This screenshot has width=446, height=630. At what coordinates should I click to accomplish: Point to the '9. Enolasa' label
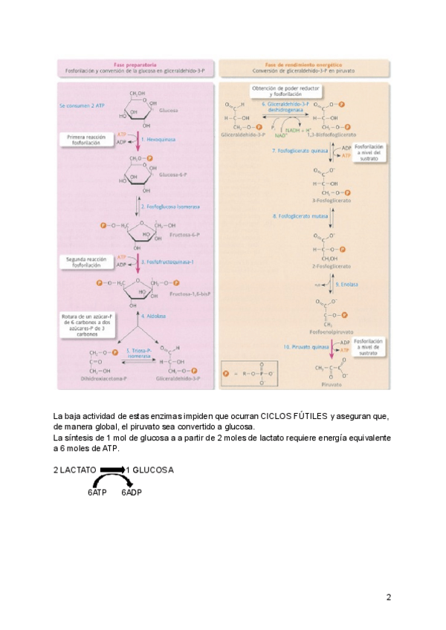(x=347, y=284)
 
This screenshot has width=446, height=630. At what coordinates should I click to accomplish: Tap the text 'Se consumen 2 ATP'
(x=83, y=106)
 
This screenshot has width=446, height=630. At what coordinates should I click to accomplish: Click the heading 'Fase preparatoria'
(x=135, y=65)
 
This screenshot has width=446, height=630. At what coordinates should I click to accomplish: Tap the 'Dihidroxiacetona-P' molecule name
(x=103, y=378)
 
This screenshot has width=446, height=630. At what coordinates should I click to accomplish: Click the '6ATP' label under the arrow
(x=88, y=493)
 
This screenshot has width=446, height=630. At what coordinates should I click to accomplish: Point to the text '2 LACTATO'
(x=75, y=470)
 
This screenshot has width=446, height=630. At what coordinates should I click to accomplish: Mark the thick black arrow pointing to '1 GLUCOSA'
(x=112, y=470)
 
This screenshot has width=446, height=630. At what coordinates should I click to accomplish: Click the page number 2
(x=388, y=597)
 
